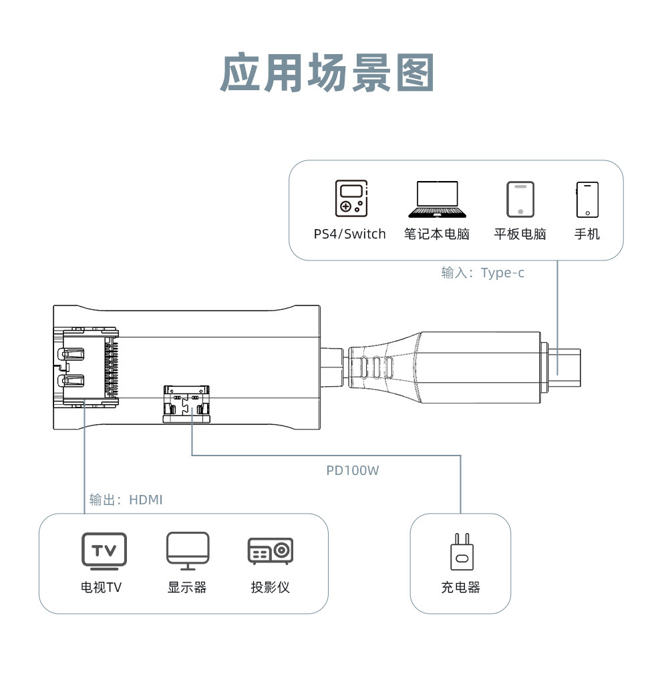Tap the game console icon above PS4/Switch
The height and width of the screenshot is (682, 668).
click(x=351, y=198)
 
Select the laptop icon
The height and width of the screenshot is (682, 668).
click(x=438, y=199)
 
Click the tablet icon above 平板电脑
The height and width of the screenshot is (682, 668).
click(x=520, y=199)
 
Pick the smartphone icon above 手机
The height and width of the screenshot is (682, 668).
click(x=587, y=199)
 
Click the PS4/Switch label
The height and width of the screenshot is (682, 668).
click(x=350, y=234)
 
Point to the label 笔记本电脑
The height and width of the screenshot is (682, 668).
click(x=437, y=234)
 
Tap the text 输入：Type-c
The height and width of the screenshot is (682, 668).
click(x=482, y=273)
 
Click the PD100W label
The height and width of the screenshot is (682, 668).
click(x=353, y=471)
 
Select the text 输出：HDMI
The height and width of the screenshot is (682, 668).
click(x=126, y=500)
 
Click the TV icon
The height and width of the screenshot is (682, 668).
click(x=104, y=551)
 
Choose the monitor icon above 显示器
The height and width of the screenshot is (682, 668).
click(x=188, y=551)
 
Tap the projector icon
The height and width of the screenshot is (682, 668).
click(x=271, y=551)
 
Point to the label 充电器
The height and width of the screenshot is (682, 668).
click(x=460, y=588)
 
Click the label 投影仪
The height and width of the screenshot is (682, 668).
click(x=271, y=588)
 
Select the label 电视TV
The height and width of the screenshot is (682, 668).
click(x=102, y=588)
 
